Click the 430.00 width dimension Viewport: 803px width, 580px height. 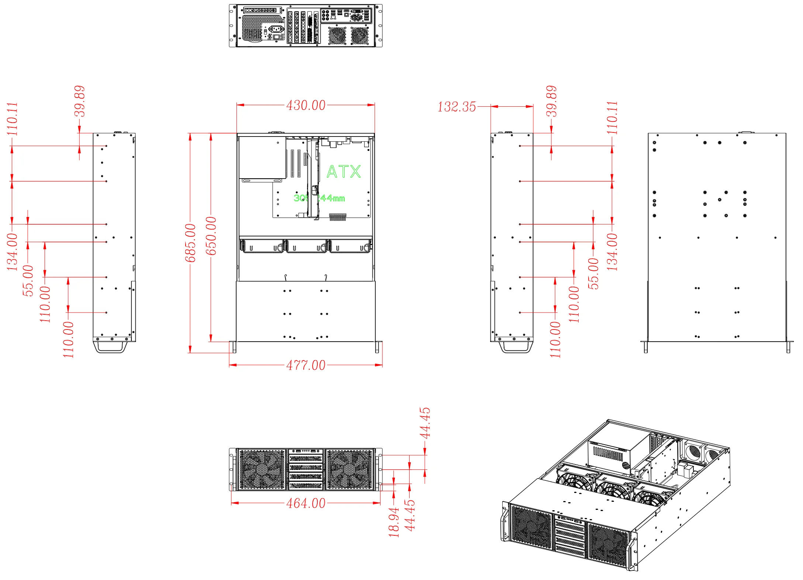tap(306, 106)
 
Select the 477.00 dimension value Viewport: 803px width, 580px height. tap(306, 365)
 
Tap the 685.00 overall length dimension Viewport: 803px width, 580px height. tap(190, 243)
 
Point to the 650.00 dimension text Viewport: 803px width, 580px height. tap(211, 236)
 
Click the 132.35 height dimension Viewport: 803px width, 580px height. tap(457, 107)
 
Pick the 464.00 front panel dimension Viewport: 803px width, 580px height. tap(306, 503)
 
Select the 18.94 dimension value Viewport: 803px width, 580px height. tap(394, 522)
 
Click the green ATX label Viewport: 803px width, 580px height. tap(344, 172)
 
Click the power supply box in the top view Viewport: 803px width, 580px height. tap(262, 158)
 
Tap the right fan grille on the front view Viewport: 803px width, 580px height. tap(349, 470)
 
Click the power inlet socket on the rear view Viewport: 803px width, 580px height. tap(276, 29)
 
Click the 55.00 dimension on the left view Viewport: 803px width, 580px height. tap(28, 280)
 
